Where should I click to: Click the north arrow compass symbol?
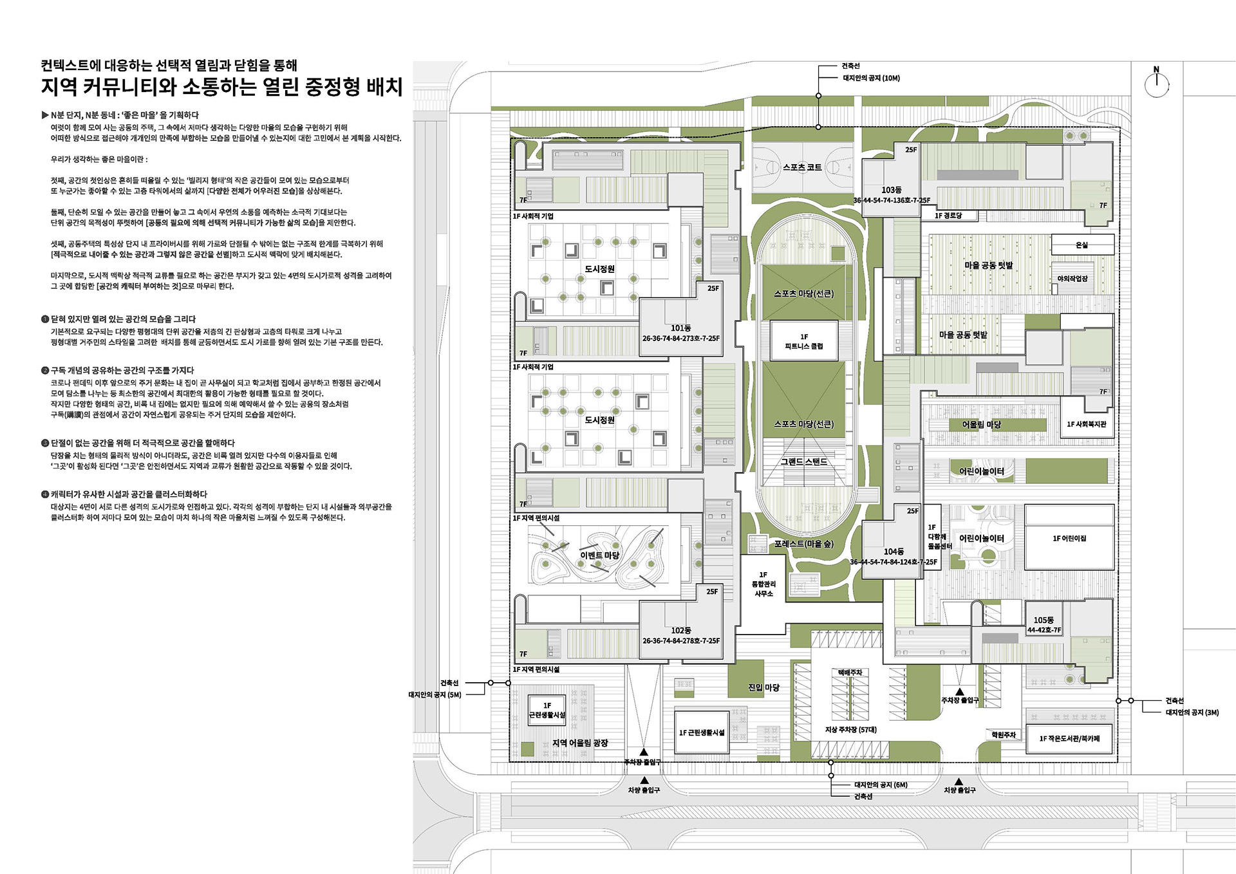click(x=1156, y=84)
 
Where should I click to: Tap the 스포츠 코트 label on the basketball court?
click(x=802, y=167)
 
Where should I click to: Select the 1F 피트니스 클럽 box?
click(x=804, y=341)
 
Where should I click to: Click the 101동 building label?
click(x=681, y=328)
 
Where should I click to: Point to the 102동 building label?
click(x=681, y=631)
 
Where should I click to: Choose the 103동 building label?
click(x=892, y=190)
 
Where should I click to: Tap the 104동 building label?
click(x=894, y=552)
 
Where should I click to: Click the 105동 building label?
click(x=1044, y=620)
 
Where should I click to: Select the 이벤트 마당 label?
click(x=600, y=555)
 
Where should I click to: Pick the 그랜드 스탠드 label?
click(x=804, y=462)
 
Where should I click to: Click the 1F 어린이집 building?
click(x=1069, y=538)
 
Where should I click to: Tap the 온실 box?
click(x=1081, y=245)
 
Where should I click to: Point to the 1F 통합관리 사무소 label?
click(x=763, y=584)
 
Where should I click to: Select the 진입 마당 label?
click(x=763, y=687)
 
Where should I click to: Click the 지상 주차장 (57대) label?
click(x=850, y=730)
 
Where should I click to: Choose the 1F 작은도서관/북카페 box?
click(x=1069, y=738)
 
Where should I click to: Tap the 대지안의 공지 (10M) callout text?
click(x=871, y=79)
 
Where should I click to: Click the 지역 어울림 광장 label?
click(x=579, y=743)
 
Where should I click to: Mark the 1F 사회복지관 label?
click(x=1087, y=424)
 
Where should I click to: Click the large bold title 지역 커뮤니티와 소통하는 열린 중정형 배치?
click(x=221, y=87)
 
